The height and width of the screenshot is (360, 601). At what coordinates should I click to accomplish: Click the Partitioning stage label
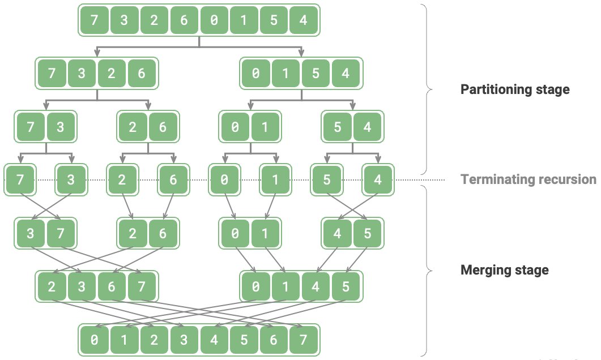point(515,89)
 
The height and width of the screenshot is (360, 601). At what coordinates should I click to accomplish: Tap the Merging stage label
point(504,270)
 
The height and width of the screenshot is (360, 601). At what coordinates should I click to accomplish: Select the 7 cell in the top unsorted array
point(94,20)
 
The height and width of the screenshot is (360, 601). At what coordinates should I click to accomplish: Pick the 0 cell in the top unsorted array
point(214,20)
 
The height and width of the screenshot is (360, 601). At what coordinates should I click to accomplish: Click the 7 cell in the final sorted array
point(304,340)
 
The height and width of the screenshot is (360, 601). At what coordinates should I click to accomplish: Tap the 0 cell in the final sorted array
point(94,340)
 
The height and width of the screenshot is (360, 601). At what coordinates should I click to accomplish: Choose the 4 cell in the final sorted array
point(214,340)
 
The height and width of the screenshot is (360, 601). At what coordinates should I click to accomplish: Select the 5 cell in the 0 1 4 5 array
point(346,286)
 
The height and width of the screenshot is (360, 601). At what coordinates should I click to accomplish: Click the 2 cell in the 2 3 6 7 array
point(52,286)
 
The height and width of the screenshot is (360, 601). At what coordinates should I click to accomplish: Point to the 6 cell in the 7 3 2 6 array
point(142,73)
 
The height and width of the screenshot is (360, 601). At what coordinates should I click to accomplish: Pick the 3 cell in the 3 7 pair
point(30,233)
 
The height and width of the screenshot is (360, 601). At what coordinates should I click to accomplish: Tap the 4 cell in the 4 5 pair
point(337,233)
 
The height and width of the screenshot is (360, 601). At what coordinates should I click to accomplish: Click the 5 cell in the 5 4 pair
point(337,126)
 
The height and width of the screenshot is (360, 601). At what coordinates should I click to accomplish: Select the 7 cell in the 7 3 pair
point(30,126)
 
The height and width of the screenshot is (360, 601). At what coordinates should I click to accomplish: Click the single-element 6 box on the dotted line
point(173,179)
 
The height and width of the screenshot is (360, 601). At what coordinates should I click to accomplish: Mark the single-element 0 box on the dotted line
point(225,179)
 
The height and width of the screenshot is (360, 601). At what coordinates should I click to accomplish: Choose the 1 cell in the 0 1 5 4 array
point(285,73)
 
